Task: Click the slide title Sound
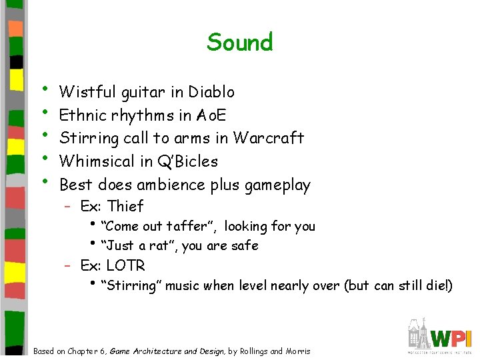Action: tap(240, 43)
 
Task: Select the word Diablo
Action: tap(211, 91)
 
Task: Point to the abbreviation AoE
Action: tap(212, 115)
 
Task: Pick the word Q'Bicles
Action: tap(187, 161)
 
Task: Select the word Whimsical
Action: tap(98, 161)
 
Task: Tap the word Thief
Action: tap(125, 206)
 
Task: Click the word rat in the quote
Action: tap(159, 246)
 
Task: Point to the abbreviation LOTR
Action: tap(125, 265)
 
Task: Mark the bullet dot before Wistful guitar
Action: tap(44, 88)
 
